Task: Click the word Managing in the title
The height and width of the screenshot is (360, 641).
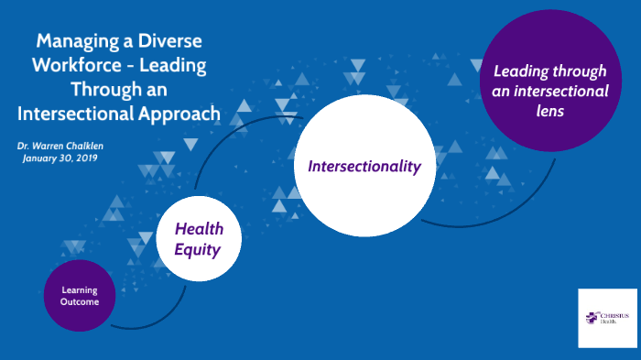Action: point(74,41)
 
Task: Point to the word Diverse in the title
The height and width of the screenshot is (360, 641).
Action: point(168,41)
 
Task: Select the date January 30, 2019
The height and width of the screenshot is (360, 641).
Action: point(60,158)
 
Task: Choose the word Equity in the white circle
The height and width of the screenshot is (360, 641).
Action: point(198,247)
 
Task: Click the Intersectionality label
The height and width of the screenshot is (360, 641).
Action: point(364,166)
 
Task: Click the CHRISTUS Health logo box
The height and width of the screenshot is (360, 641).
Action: point(607,317)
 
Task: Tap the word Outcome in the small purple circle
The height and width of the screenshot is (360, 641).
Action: point(80,301)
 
